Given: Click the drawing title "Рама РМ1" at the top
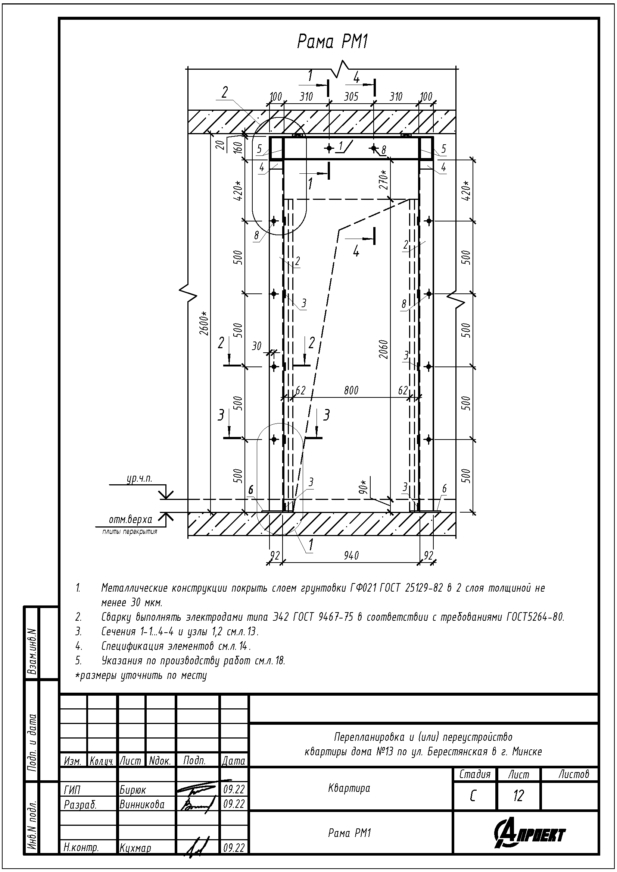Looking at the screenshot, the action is click(332, 41).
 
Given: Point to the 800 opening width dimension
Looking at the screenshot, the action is click(351, 390).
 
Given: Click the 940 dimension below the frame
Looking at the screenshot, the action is click(351, 555).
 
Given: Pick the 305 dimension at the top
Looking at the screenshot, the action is click(351, 97).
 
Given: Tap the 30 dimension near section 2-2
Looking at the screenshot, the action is click(257, 346).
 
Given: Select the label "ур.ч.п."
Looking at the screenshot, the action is click(139, 479).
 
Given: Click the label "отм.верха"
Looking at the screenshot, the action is click(130, 519).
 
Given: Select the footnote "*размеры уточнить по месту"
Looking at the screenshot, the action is click(141, 675).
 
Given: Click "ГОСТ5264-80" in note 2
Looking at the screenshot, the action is click(536, 617).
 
